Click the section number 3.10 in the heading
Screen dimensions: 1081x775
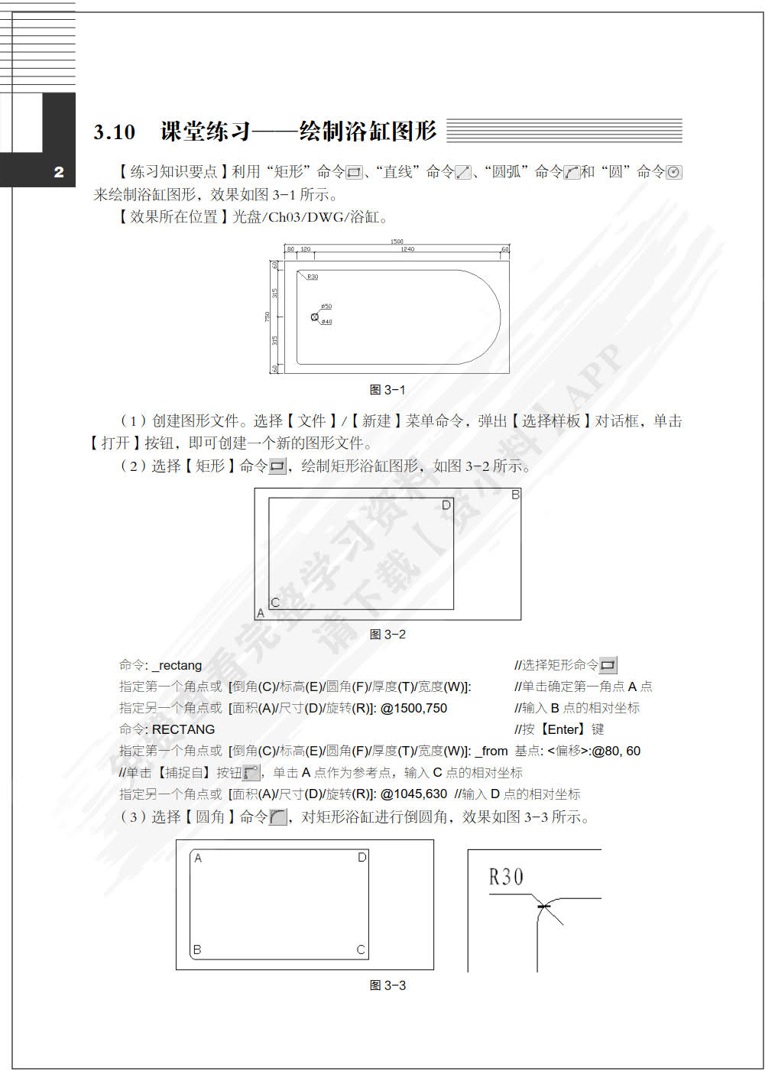115,132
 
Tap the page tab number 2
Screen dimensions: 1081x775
59,172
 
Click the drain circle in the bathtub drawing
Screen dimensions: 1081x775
314,317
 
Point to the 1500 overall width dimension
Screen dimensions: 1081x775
397,242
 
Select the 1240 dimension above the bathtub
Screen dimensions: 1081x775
407,249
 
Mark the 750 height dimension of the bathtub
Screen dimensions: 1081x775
268,317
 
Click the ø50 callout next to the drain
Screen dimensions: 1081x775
326,307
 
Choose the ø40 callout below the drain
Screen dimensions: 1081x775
326,322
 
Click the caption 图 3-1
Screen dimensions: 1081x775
387,390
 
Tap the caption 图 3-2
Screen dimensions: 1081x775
387,635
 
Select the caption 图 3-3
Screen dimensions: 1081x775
387,985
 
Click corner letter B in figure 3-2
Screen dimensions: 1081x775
515,495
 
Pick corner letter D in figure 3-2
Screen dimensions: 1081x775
447,505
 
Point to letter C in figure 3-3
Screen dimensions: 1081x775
361,950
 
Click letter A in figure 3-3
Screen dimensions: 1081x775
198,859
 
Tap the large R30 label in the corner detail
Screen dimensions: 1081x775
506,877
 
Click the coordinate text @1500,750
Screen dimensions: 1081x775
413,708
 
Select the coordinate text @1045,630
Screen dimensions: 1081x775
413,794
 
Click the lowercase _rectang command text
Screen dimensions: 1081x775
177,665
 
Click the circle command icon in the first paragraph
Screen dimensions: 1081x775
673,173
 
